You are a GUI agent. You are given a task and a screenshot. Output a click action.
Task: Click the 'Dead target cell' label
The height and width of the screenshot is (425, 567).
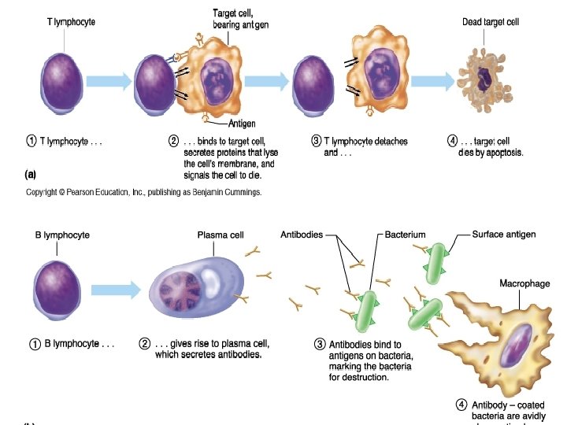click(491, 22)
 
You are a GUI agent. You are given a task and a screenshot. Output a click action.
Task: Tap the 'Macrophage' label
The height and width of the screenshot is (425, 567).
click(524, 283)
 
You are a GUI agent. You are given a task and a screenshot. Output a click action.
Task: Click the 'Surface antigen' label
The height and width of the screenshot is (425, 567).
click(505, 235)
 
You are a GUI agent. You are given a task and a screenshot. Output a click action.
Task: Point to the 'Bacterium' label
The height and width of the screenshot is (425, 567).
click(405, 235)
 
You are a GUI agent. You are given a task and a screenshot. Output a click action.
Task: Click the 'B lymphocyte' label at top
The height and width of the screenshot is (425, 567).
click(63, 235)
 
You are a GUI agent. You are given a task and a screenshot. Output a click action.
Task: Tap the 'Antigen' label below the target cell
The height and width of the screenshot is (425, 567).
click(241, 124)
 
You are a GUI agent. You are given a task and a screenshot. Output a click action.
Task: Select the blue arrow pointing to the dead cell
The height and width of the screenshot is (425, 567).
click(432, 81)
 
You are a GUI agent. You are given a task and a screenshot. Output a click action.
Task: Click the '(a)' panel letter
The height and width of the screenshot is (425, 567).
click(30, 173)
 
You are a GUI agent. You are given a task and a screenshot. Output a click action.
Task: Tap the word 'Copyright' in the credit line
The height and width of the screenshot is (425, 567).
click(44, 192)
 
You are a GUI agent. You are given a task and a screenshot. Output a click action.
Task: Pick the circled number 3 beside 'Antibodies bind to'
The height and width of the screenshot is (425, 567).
click(320, 344)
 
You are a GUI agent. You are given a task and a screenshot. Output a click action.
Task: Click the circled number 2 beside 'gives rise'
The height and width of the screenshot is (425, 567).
click(144, 344)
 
